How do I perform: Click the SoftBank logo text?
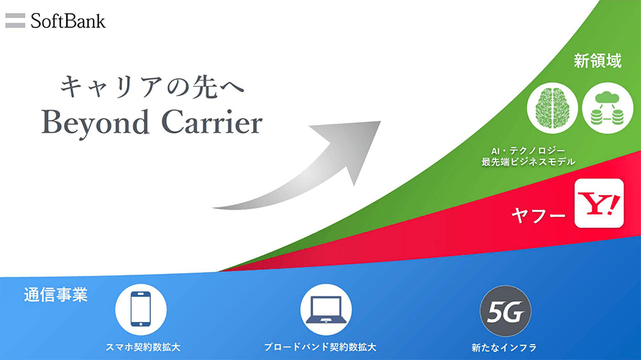pos(68,21)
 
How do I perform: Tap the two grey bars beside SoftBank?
pos(15,21)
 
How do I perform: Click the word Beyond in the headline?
pos(95,122)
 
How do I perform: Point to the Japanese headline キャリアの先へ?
pos(152,86)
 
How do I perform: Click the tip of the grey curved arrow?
pos(381,121)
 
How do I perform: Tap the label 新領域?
pos(597,61)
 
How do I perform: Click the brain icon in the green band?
pos(552,108)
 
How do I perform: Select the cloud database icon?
pos(608,108)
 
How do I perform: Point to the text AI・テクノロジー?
pos(528,151)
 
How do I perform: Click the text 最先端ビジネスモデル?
pos(528,162)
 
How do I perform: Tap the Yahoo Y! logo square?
pos(599,203)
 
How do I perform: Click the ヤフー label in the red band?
pos(538,215)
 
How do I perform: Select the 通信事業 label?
pos(55,295)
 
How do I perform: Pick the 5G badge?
pos(505,311)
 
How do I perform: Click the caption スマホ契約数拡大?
pos(143,347)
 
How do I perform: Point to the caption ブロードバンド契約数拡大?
pos(320,347)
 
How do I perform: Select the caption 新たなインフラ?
pos(504,348)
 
